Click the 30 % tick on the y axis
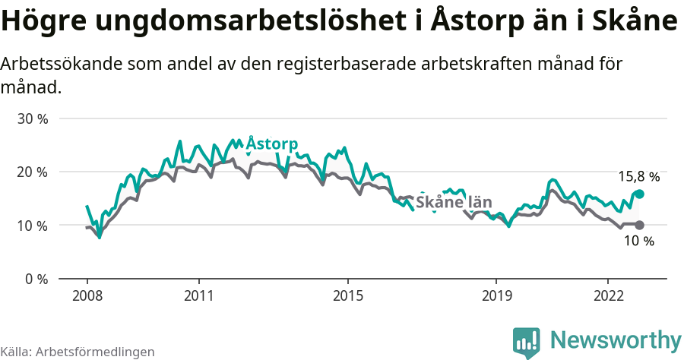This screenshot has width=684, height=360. point(33,119)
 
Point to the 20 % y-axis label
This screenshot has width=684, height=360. point(33,172)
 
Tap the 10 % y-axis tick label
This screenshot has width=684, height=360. point(33,226)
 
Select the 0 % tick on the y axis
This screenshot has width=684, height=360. point(36,279)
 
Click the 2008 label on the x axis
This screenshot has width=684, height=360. point(87,295)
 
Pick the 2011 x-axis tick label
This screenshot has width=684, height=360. point(198,295)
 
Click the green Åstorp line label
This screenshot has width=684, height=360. point(271,144)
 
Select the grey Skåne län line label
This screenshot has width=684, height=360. point(454,203)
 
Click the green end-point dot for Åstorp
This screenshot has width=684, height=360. point(639,194)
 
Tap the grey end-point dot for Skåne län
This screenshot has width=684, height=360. point(639,225)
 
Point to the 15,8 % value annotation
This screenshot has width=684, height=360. point(638,177)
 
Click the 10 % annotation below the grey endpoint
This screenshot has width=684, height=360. point(638,242)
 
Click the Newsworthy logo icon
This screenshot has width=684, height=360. point(527,343)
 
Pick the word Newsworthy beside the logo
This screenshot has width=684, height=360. point(616,339)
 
